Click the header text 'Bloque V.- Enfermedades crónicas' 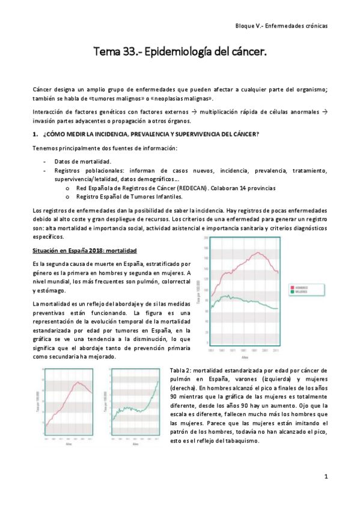[281, 26]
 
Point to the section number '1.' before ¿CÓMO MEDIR [35, 134]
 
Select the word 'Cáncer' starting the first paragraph [43, 89]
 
